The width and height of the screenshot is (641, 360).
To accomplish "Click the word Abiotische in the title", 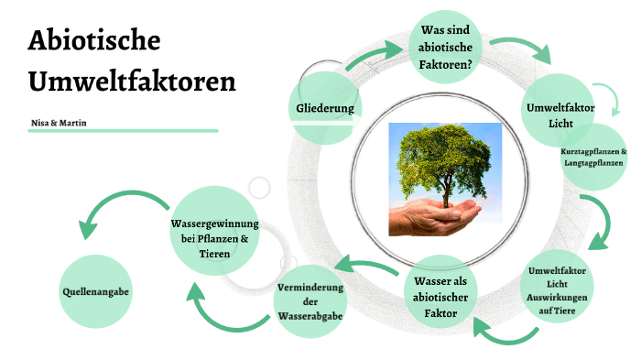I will tap(94, 41).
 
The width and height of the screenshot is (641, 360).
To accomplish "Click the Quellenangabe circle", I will tap(95, 291).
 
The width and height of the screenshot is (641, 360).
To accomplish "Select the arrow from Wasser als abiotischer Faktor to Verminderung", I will tap(364, 267).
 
